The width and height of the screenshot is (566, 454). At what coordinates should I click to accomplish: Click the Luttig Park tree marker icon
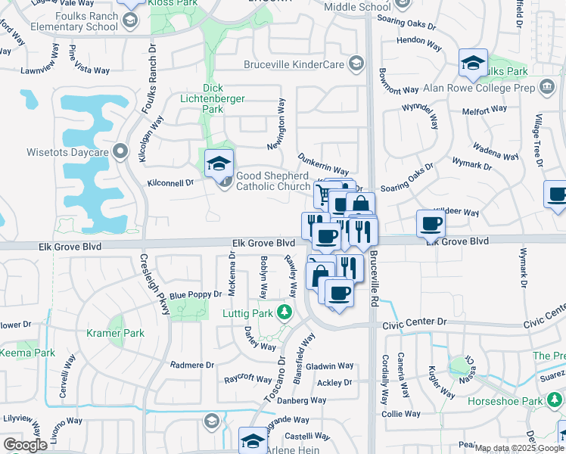[x=284, y=312]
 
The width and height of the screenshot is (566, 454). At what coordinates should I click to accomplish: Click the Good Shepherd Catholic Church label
[x=273, y=181]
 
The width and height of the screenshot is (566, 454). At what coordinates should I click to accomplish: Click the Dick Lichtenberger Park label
[x=213, y=98]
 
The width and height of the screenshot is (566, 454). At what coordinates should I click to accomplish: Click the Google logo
[x=25, y=445]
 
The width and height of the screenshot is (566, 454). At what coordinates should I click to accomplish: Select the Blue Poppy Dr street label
[x=195, y=294]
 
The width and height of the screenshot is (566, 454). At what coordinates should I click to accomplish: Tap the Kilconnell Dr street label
[x=172, y=182]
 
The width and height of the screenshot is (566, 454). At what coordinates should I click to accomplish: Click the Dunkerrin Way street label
[x=323, y=166]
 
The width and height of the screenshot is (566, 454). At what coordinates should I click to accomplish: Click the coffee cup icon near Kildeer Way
[x=431, y=222]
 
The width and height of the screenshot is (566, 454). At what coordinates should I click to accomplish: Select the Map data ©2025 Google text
[x=518, y=447]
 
